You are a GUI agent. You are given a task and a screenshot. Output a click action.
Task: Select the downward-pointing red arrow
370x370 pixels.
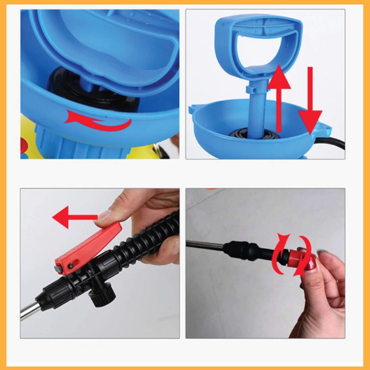pyautogui.click(x=310, y=105)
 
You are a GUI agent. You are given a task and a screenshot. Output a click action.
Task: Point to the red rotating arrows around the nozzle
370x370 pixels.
pyautogui.click(x=293, y=255)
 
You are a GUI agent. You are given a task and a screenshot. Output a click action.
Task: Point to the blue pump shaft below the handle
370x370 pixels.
pyautogui.click(x=258, y=108)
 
